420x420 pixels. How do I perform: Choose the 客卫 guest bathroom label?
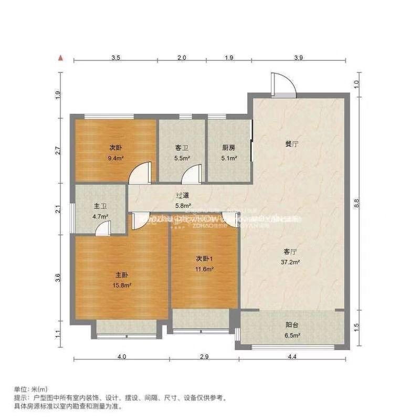coord(182,148)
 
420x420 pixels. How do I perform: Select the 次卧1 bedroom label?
coord(205,259)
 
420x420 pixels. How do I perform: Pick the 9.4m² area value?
coord(116,157)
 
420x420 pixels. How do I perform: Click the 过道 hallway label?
coord(183,196)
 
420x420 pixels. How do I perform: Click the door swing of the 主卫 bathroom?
coord(102,228)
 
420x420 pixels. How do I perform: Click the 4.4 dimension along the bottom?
coord(292,357)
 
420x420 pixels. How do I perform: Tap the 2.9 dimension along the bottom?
coord(204,357)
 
